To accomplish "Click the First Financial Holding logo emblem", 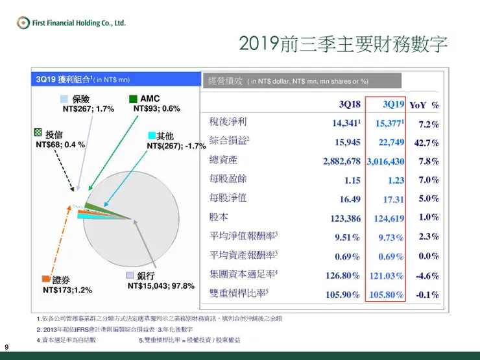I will click(23, 23).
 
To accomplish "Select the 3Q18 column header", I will click(350, 104).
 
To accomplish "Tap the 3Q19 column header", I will click(393, 104).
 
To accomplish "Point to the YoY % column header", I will click(424, 105).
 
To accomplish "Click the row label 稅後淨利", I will click(223, 122).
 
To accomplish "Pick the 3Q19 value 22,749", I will click(389, 143).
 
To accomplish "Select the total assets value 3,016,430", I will click(385, 162).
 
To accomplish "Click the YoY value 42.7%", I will click(429, 143).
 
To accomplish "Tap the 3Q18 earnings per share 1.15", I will click(352, 180).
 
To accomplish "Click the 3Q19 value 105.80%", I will click(386, 294).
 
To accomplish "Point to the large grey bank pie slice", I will click(139, 227).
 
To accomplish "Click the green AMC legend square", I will click(133, 99).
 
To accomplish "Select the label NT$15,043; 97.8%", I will click(161, 286).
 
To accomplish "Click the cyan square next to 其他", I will click(152, 136).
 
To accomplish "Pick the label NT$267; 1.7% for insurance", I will click(88, 109).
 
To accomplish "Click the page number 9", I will click(6, 346).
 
